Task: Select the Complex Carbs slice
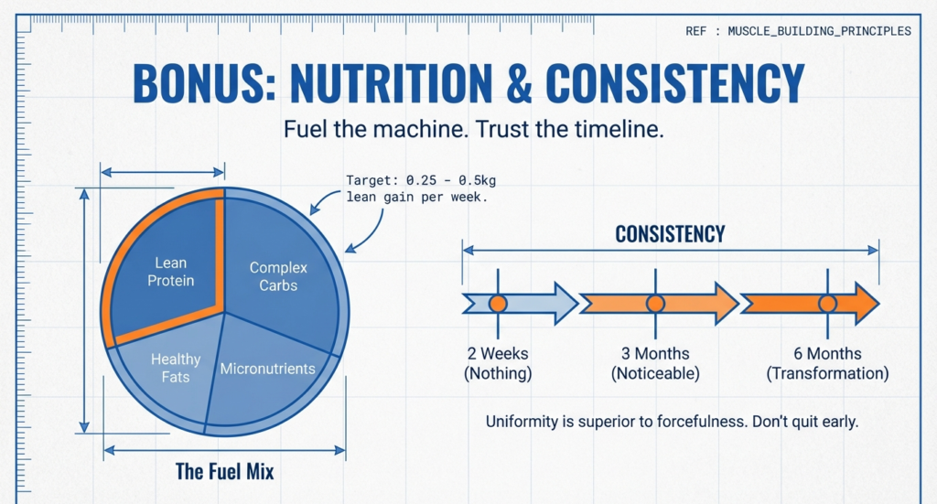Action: click(x=278, y=276)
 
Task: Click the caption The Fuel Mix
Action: click(x=224, y=472)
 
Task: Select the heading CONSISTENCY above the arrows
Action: click(x=670, y=234)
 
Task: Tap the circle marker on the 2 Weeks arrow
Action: click(x=498, y=303)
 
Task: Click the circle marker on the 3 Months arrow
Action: click(x=655, y=303)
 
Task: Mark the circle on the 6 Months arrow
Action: click(x=827, y=303)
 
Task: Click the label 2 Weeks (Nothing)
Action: click(x=498, y=363)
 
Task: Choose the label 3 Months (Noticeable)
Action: click(x=655, y=363)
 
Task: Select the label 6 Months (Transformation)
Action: click(x=827, y=363)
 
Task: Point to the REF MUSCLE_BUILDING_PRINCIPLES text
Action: click(x=798, y=31)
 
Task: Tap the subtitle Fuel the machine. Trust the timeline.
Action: click(x=472, y=129)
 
